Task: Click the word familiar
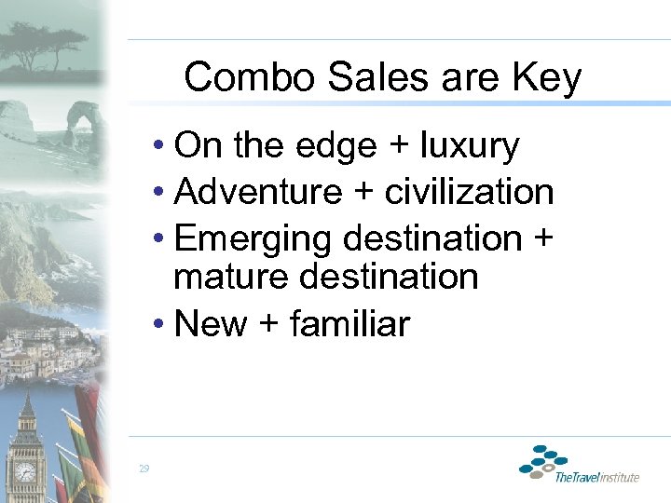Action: click(349, 324)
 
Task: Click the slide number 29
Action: click(144, 469)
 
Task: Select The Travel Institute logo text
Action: click(596, 477)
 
